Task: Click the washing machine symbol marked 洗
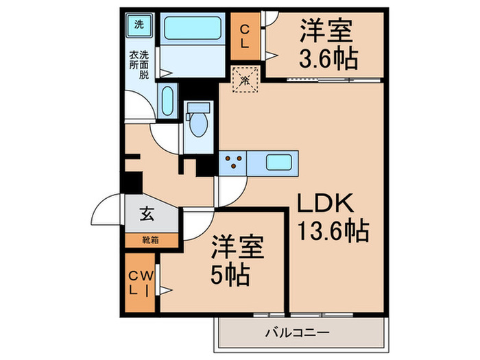139,25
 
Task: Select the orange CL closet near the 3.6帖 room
245,34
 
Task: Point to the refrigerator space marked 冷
245,80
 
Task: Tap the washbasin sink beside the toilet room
167,101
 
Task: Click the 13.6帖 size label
332,230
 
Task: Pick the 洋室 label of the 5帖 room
237,246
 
